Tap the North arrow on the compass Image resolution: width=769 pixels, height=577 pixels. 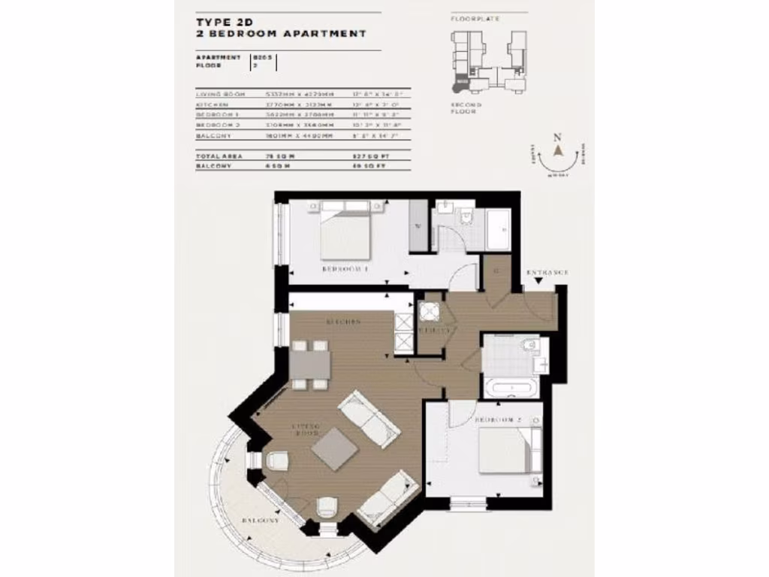click(558, 148)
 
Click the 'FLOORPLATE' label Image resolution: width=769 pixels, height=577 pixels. click(475, 18)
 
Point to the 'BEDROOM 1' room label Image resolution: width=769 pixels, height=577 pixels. click(346, 268)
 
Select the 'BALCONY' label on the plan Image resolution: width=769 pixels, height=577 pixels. click(261, 520)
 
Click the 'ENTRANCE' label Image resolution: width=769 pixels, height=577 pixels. click(547, 271)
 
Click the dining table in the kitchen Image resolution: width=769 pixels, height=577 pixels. click(309, 365)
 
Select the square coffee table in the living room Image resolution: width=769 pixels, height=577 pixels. click(334, 449)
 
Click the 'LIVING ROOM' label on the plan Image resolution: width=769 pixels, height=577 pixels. click(306, 431)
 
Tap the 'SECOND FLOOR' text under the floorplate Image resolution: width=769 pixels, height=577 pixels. click(466, 109)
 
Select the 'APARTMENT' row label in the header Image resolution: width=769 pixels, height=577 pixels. click(219, 57)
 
